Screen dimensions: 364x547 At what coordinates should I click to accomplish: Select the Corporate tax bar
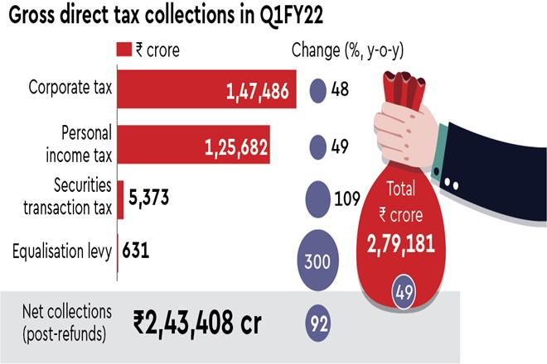[x=207, y=91]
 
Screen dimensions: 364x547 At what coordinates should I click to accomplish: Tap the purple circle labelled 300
[x=318, y=262]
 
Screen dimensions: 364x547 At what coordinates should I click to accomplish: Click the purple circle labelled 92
[x=318, y=321]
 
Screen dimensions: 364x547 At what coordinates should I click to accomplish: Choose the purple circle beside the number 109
[x=318, y=199]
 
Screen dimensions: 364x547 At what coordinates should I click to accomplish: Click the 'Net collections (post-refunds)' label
[x=65, y=321]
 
